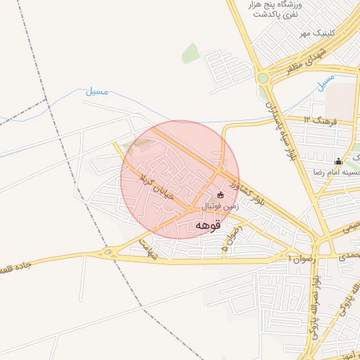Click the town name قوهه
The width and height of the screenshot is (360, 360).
click(x=209, y=225)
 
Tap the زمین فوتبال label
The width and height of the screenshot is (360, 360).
click(x=220, y=207)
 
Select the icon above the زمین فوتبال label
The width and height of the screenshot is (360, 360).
click(x=220, y=195)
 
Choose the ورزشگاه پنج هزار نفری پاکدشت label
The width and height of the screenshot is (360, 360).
click(x=274, y=9)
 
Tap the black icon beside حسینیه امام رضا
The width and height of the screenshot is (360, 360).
click(x=338, y=161)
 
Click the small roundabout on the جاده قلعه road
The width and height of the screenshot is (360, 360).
click(x=108, y=252)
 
